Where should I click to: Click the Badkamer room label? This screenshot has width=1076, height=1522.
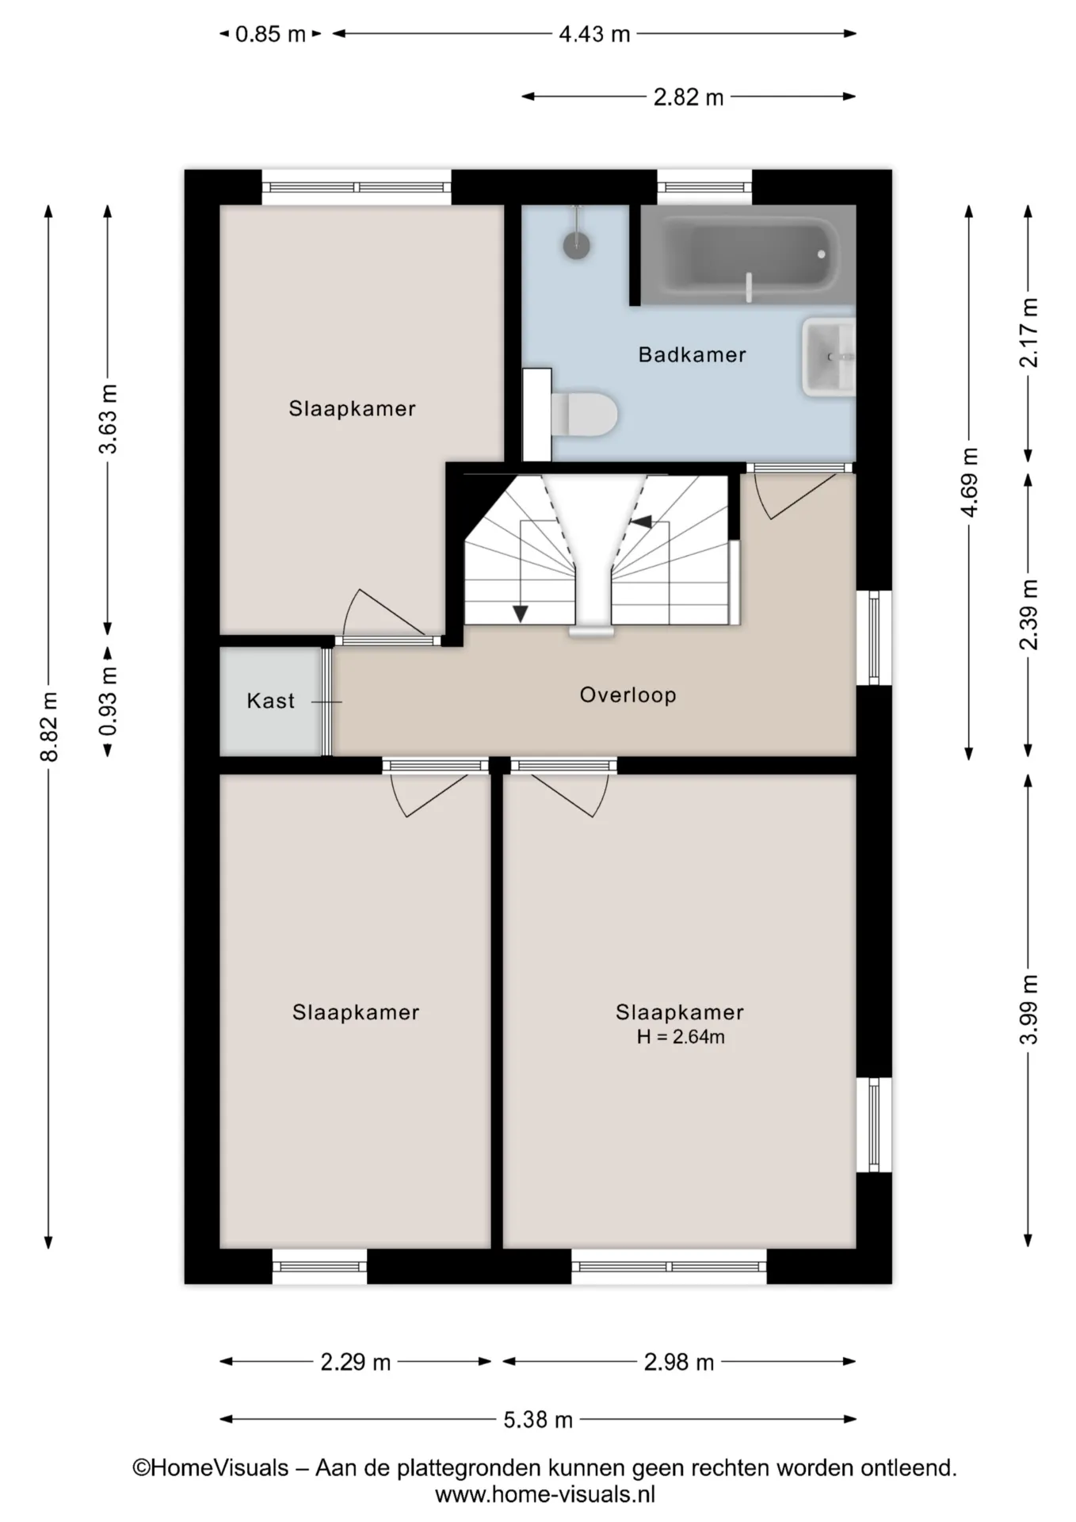point(692,354)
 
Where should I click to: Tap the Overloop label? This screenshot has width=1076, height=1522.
point(628,695)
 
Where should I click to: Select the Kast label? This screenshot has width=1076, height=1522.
point(270,701)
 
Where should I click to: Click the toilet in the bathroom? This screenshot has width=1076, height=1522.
point(585,414)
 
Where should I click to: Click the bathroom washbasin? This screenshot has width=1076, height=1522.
point(829,357)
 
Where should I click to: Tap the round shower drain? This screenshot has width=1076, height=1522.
point(577,245)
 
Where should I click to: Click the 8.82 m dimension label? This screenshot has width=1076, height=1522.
point(49,726)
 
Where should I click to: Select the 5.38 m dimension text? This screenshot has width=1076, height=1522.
point(538,1419)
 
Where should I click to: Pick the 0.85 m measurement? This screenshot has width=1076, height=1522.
point(270,34)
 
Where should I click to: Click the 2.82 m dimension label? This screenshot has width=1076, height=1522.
point(689,97)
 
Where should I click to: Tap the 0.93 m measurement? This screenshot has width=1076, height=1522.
point(108,701)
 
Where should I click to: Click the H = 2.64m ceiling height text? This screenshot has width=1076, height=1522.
point(681,1037)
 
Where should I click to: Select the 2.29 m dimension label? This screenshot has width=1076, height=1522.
point(356,1362)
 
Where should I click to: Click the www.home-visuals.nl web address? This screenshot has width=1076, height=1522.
point(545,1495)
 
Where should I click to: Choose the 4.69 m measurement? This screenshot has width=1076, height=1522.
point(969,482)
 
